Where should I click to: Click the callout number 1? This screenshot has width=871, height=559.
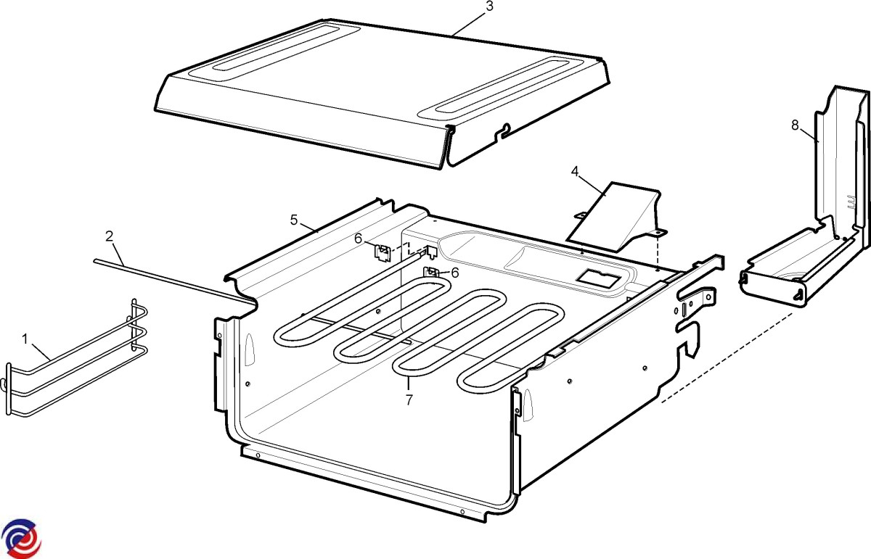[x=25, y=339]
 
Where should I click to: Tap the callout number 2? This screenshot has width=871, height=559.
[x=110, y=236]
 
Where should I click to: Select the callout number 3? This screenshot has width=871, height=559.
[x=489, y=7]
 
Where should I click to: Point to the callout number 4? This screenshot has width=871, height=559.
[x=575, y=171]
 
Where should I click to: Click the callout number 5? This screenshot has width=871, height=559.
[x=294, y=220]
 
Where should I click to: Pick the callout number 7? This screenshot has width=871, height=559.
[x=409, y=399]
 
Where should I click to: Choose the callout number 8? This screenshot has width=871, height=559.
[x=795, y=125]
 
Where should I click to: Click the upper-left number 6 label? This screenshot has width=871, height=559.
[x=358, y=239]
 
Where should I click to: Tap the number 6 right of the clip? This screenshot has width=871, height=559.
[x=454, y=273]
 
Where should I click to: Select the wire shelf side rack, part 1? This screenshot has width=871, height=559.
[x=77, y=357]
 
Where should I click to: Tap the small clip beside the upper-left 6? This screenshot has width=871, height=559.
[x=382, y=252]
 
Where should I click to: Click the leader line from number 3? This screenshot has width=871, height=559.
[x=469, y=24]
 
